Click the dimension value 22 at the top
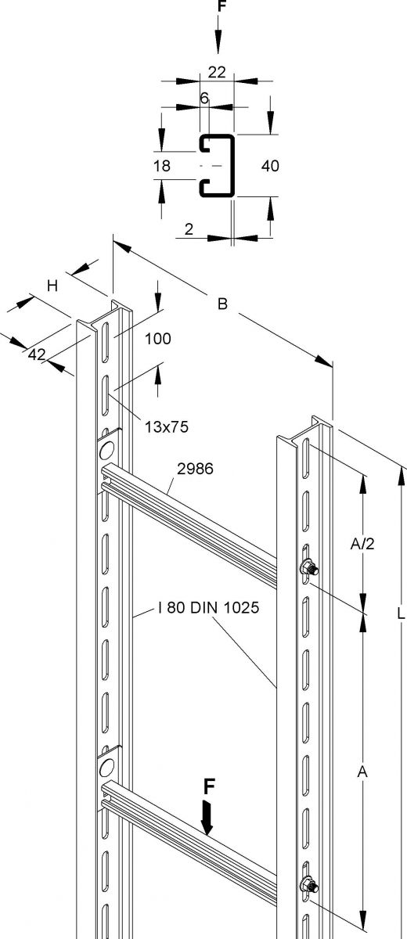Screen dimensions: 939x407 coord(217,72)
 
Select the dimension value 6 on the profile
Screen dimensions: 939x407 coord(204,98)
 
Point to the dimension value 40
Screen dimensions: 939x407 coord(271,165)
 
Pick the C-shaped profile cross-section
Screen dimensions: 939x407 coord(217,165)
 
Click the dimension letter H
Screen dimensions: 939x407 coord(52,286)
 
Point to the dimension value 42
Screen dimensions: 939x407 coord(36,354)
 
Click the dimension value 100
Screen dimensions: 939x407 coord(157,339)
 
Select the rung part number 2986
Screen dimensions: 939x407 coord(196,469)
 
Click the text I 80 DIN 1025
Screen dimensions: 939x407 coord(198,608)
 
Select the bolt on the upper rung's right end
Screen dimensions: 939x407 coord(309,569)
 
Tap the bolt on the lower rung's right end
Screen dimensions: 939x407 coord(309,885)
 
